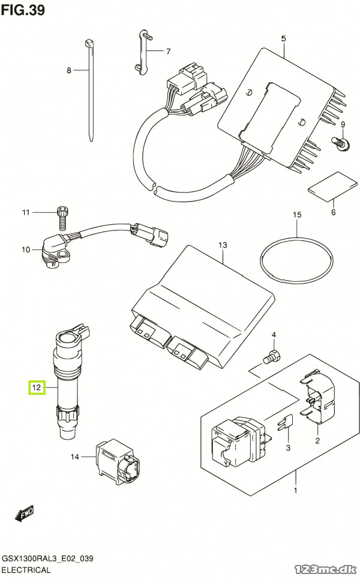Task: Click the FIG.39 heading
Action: click(x=23, y=10)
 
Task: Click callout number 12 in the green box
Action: click(x=37, y=387)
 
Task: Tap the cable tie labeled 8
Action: click(x=90, y=90)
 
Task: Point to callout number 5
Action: click(x=283, y=38)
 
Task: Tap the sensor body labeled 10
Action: click(x=56, y=251)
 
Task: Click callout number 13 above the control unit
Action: click(x=223, y=245)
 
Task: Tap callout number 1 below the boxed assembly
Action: click(x=295, y=490)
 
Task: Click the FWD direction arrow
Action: click(x=25, y=513)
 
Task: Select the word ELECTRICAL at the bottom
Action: click(x=26, y=570)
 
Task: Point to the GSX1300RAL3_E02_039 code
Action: click(x=47, y=558)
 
